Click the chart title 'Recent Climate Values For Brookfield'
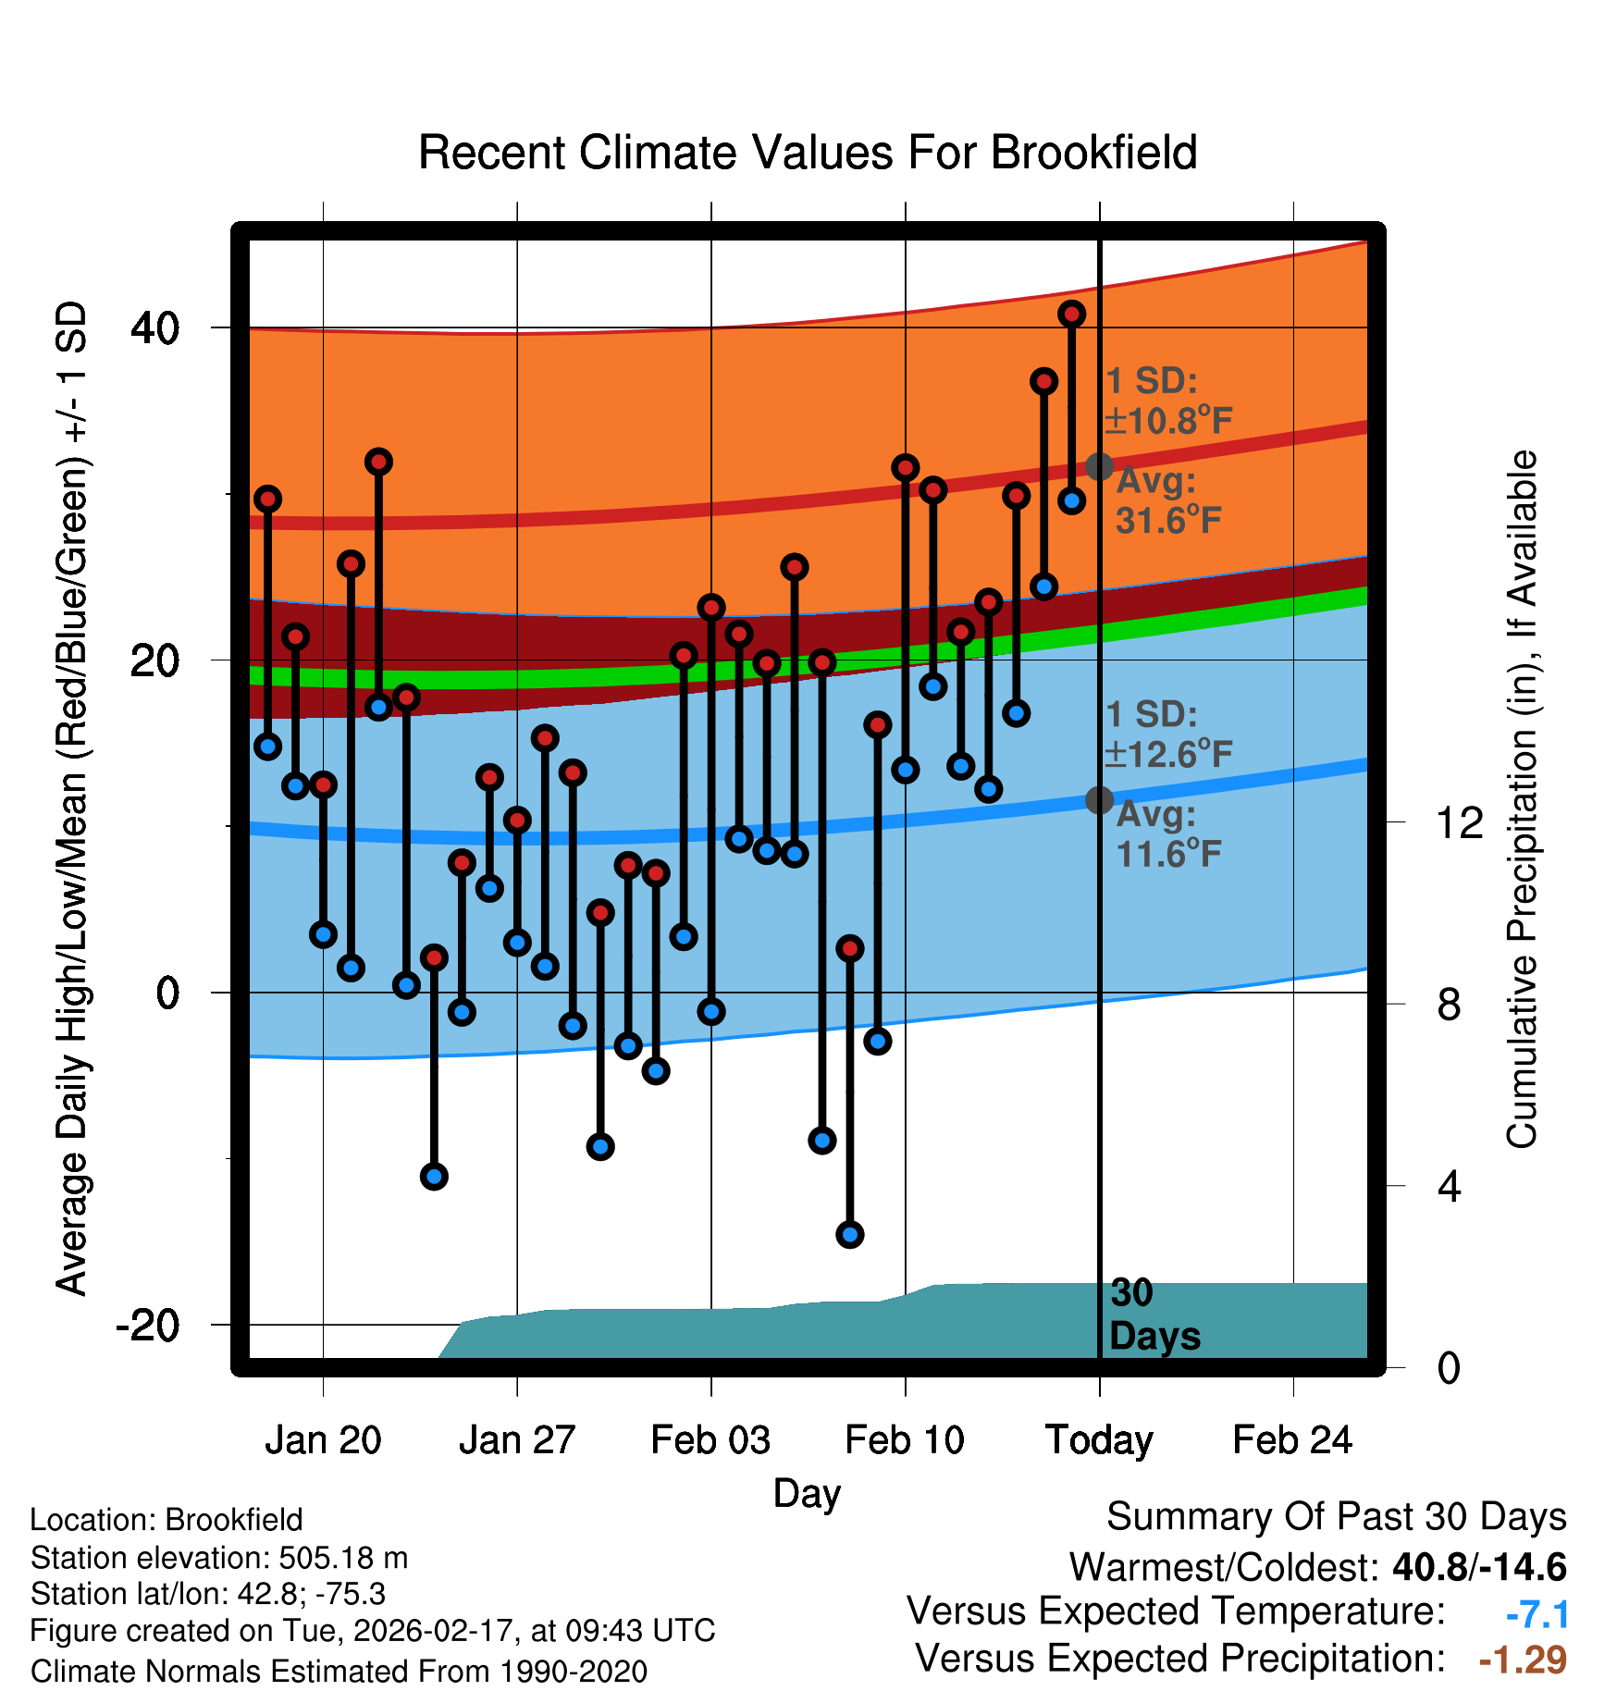(x=808, y=153)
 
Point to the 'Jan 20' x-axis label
(x=323, y=1440)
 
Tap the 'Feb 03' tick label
(x=710, y=1440)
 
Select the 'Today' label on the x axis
(x=1099, y=1440)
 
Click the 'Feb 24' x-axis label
(x=1292, y=1440)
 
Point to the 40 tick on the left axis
(x=155, y=327)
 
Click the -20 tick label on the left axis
(x=148, y=1325)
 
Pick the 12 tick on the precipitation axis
(x=1459, y=822)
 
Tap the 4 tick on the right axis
(x=1450, y=1186)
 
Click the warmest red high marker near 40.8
(x=1072, y=315)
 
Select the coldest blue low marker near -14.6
(x=850, y=1234)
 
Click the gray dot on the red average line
(x=1099, y=466)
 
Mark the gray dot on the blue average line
(x=1099, y=800)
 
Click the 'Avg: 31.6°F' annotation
(x=1167, y=500)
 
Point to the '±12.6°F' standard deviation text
(x=1169, y=755)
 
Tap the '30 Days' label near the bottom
(x=1154, y=1315)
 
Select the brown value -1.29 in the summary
(x=1523, y=1660)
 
